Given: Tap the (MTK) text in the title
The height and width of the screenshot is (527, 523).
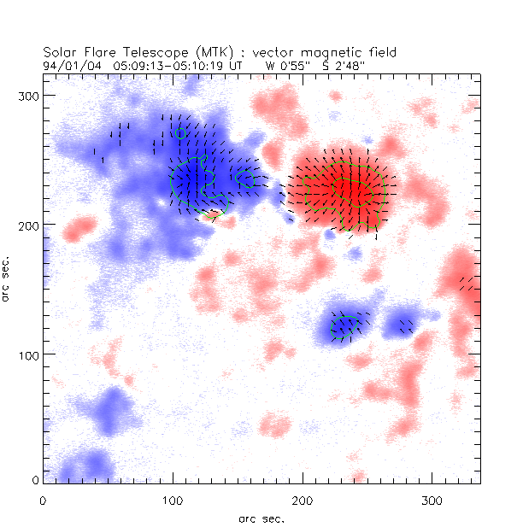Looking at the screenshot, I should coord(192,52).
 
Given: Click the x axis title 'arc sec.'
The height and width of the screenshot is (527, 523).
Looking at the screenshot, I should coord(261,518).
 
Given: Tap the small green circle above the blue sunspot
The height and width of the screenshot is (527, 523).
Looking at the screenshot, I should coord(179,133).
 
